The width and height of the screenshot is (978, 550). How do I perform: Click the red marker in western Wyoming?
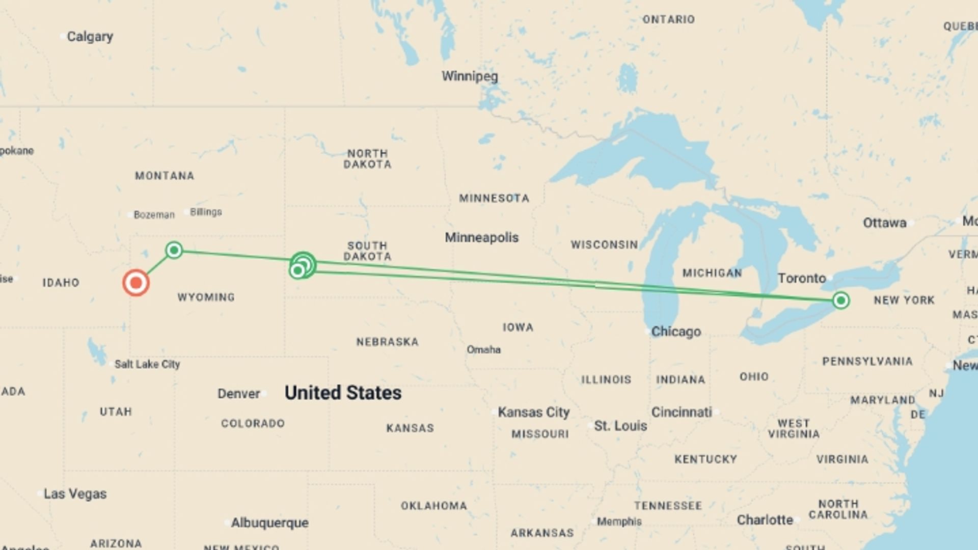[136, 283]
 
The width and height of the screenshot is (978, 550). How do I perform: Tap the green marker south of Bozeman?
[174, 250]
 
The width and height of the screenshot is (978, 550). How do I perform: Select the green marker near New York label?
[841, 300]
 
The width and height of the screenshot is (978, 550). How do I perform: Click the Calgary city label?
[90, 37]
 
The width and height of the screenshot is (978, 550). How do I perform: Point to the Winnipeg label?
[470, 76]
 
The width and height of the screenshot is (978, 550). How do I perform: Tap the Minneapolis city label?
[481, 237]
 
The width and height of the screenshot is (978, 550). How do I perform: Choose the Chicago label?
[676, 332]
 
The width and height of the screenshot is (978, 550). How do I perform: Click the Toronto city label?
[802, 278]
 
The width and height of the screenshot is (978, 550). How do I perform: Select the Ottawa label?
[885, 223]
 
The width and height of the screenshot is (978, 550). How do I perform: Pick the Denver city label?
[238, 394]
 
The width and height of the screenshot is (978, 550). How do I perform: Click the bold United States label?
[343, 393]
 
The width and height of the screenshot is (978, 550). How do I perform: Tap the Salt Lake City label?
[147, 364]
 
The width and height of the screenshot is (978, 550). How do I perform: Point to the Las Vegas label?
[75, 493]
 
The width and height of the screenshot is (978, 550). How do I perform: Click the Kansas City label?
[533, 412]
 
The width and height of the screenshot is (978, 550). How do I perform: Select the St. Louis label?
[620, 426]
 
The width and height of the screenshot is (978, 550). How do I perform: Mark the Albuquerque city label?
[269, 522]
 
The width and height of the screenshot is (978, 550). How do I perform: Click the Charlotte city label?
[765, 520]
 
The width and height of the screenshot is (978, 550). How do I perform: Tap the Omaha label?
[483, 349]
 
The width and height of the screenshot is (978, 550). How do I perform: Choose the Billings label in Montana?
[206, 212]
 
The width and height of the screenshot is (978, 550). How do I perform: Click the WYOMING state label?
[206, 297]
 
